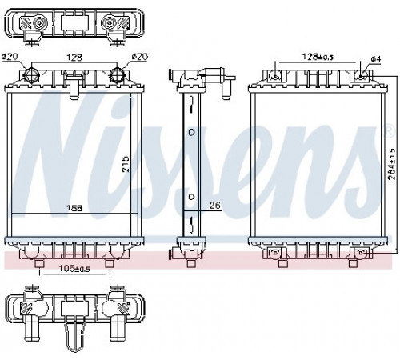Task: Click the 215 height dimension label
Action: click(x=125, y=164)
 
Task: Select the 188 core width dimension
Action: click(x=74, y=208)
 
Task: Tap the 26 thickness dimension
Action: click(x=215, y=205)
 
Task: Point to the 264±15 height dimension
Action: click(x=391, y=164)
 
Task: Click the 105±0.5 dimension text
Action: click(x=74, y=269)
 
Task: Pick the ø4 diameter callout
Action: click(x=375, y=59)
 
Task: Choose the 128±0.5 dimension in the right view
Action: click(x=318, y=57)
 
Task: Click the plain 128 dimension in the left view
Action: click(x=74, y=58)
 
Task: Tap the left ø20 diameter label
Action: click(x=10, y=57)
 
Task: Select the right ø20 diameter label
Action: click(x=140, y=57)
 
